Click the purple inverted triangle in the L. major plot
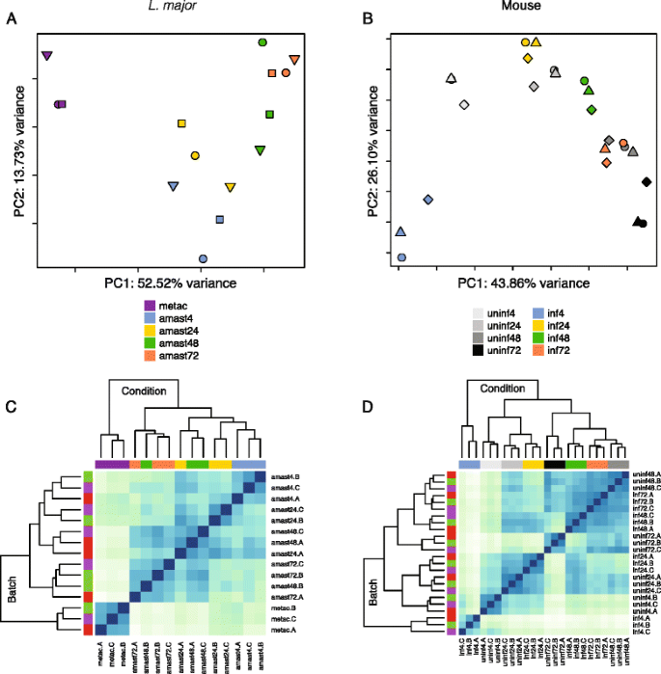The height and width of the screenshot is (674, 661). [46, 57]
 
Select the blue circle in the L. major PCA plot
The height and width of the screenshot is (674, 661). [203, 258]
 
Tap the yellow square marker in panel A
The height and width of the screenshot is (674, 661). [181, 123]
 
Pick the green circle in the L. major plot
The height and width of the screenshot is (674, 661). [262, 42]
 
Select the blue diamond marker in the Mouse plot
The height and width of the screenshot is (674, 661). [428, 200]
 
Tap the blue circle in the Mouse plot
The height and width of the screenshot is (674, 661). [401, 257]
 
